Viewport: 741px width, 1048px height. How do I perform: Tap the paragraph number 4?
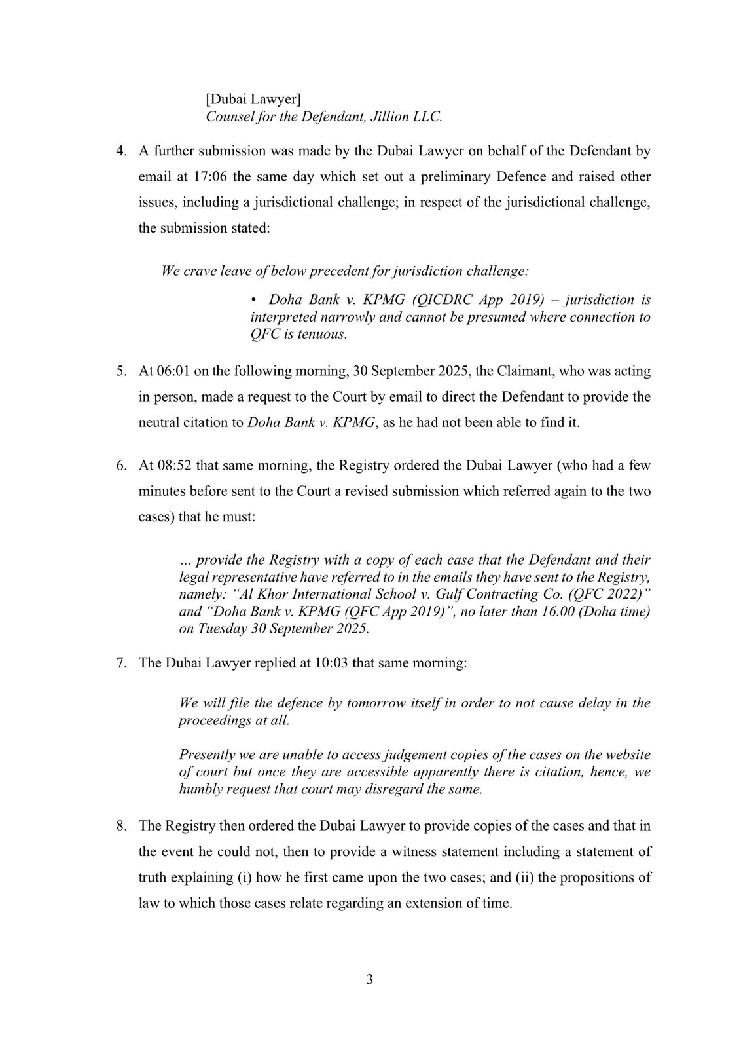pos(120,151)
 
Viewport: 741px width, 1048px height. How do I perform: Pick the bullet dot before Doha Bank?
pos(253,300)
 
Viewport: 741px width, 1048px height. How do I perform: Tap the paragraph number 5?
pos(120,371)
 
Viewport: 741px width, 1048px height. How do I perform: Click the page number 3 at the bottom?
pos(370,980)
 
